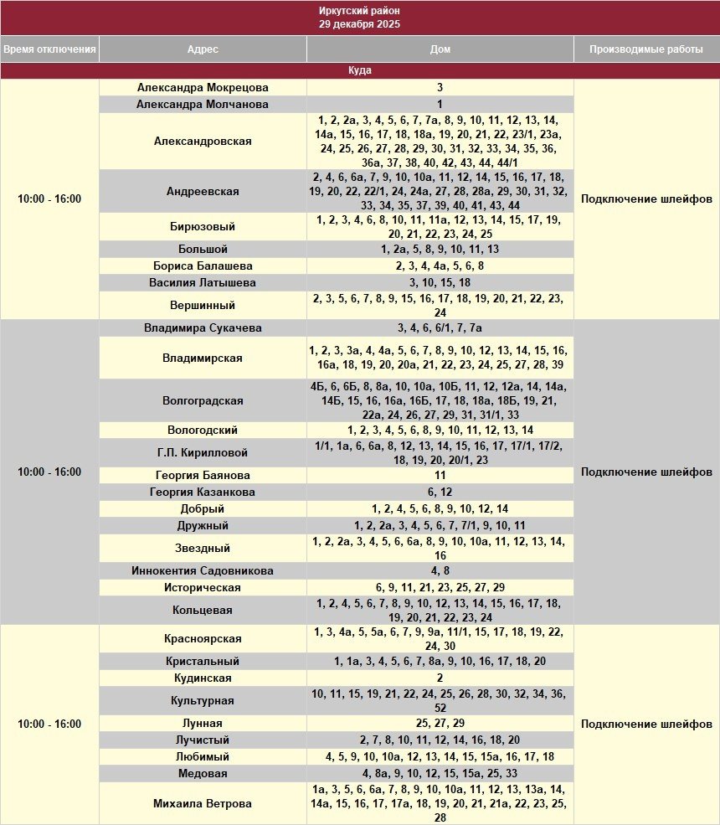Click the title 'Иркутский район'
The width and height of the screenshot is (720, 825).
(359, 11)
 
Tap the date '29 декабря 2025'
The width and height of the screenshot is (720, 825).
(359, 24)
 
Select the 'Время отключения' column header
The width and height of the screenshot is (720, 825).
(49, 49)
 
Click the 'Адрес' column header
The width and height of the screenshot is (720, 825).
(203, 49)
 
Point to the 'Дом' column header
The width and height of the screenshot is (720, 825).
(440, 49)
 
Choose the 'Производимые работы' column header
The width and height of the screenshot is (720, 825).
(645, 49)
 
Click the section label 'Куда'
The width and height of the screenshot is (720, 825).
(359, 71)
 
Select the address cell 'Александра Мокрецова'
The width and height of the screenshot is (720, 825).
(203, 87)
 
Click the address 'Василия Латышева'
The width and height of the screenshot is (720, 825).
(203, 283)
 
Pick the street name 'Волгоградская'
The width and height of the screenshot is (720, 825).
(203, 401)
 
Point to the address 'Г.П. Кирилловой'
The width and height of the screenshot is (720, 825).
(203, 453)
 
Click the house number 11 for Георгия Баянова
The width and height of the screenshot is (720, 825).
(440, 476)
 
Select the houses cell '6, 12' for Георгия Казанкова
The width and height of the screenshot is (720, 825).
(440, 492)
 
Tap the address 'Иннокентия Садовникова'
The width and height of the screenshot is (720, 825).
(203, 571)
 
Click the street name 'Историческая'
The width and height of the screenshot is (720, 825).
(203, 588)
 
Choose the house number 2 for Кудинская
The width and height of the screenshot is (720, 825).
(440, 678)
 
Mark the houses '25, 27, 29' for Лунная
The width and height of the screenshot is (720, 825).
(440, 724)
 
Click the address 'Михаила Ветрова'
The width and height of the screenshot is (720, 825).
(203, 804)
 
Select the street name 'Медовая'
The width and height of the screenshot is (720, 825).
(203, 774)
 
